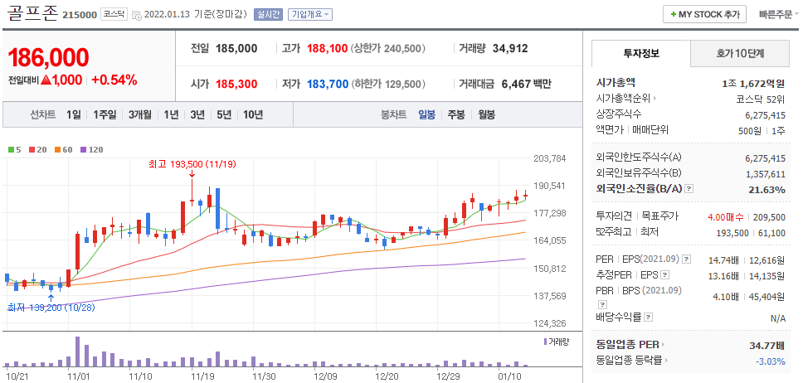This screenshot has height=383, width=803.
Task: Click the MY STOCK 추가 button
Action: pyautogui.click(x=704, y=14)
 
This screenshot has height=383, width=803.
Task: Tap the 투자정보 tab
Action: pyautogui.click(x=641, y=53)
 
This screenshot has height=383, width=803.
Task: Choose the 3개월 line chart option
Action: pyautogui.click(x=140, y=114)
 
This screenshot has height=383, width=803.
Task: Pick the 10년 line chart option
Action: pyautogui.click(x=253, y=114)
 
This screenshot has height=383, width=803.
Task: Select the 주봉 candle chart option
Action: pyautogui.click(x=456, y=114)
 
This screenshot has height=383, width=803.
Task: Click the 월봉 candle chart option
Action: pyautogui.click(x=486, y=114)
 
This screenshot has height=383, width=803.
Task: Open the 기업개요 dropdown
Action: pyautogui.click(x=309, y=14)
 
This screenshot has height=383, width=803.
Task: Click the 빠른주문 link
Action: pyautogui.click(x=777, y=14)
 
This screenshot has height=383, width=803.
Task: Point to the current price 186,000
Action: pyautogui.click(x=49, y=58)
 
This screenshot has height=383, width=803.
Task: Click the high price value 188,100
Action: pyautogui.click(x=327, y=49)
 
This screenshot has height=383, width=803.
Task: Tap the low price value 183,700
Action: pyautogui.click(x=328, y=84)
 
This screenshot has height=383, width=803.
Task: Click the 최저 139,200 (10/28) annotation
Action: pyautogui.click(x=51, y=308)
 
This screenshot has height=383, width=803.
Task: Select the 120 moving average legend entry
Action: pyautogui.click(x=92, y=150)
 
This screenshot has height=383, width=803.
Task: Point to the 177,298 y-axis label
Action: pyautogui.click(x=551, y=212)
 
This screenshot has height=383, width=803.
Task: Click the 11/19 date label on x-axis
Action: pyautogui.click(x=202, y=376)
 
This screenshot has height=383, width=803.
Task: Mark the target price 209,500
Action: pyautogui.click(x=769, y=217)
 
